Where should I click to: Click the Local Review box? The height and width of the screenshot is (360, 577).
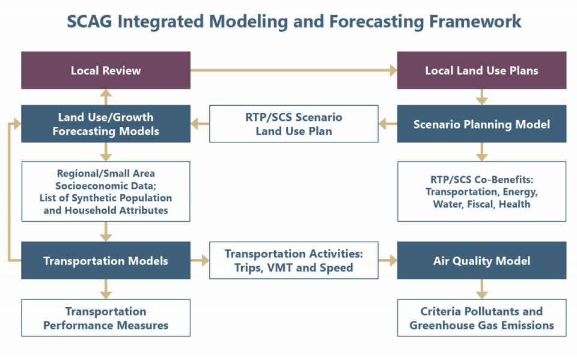point(106,70)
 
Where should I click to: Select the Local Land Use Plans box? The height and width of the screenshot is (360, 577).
point(481,70)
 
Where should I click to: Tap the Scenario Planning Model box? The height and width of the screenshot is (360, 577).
point(481,124)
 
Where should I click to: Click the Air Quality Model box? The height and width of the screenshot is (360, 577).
point(481,261)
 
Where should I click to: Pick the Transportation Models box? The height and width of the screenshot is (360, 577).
point(106,261)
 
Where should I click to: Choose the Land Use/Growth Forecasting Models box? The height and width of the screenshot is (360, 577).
point(106,124)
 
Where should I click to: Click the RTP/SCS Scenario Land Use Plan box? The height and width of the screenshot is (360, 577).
point(293,124)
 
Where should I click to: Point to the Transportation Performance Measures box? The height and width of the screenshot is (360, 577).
point(106,319)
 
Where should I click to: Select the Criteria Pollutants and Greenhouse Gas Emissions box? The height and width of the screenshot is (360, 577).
point(481,319)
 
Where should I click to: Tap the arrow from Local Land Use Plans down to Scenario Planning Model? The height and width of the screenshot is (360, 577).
point(481,97)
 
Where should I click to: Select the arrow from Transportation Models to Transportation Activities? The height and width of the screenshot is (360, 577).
point(200,261)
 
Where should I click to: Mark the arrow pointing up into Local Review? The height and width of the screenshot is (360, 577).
point(106,97)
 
